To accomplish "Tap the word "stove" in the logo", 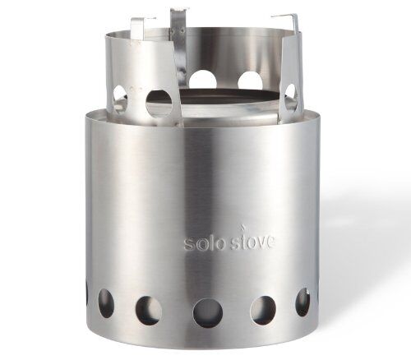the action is pos(252,242).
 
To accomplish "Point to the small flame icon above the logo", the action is pos(242,228).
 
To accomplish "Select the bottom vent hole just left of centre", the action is pos(148,308).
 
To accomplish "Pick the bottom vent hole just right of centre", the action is pos(263,308).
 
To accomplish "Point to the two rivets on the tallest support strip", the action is pos(177,32).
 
